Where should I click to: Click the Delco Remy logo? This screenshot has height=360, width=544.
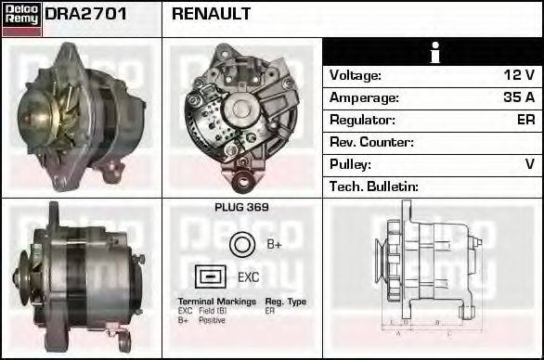point(21,18)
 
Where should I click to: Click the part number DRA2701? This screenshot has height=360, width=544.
point(86,15)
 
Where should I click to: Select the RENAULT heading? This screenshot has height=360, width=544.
point(211,15)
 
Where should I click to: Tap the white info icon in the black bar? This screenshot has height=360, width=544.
point(434,53)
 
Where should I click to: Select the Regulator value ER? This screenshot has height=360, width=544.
point(525,120)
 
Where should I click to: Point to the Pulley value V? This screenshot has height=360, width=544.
point(529,164)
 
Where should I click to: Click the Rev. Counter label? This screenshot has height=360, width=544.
point(371,142)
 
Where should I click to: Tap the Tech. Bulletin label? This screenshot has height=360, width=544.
point(374,186)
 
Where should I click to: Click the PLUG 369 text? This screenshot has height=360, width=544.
point(241,208)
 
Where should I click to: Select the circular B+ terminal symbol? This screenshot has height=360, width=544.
point(241,245)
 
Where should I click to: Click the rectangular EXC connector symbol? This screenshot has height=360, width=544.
point(211,276)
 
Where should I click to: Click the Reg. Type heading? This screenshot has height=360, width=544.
point(285,302)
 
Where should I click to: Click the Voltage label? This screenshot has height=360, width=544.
point(356,75)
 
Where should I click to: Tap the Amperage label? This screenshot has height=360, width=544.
point(364,97)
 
